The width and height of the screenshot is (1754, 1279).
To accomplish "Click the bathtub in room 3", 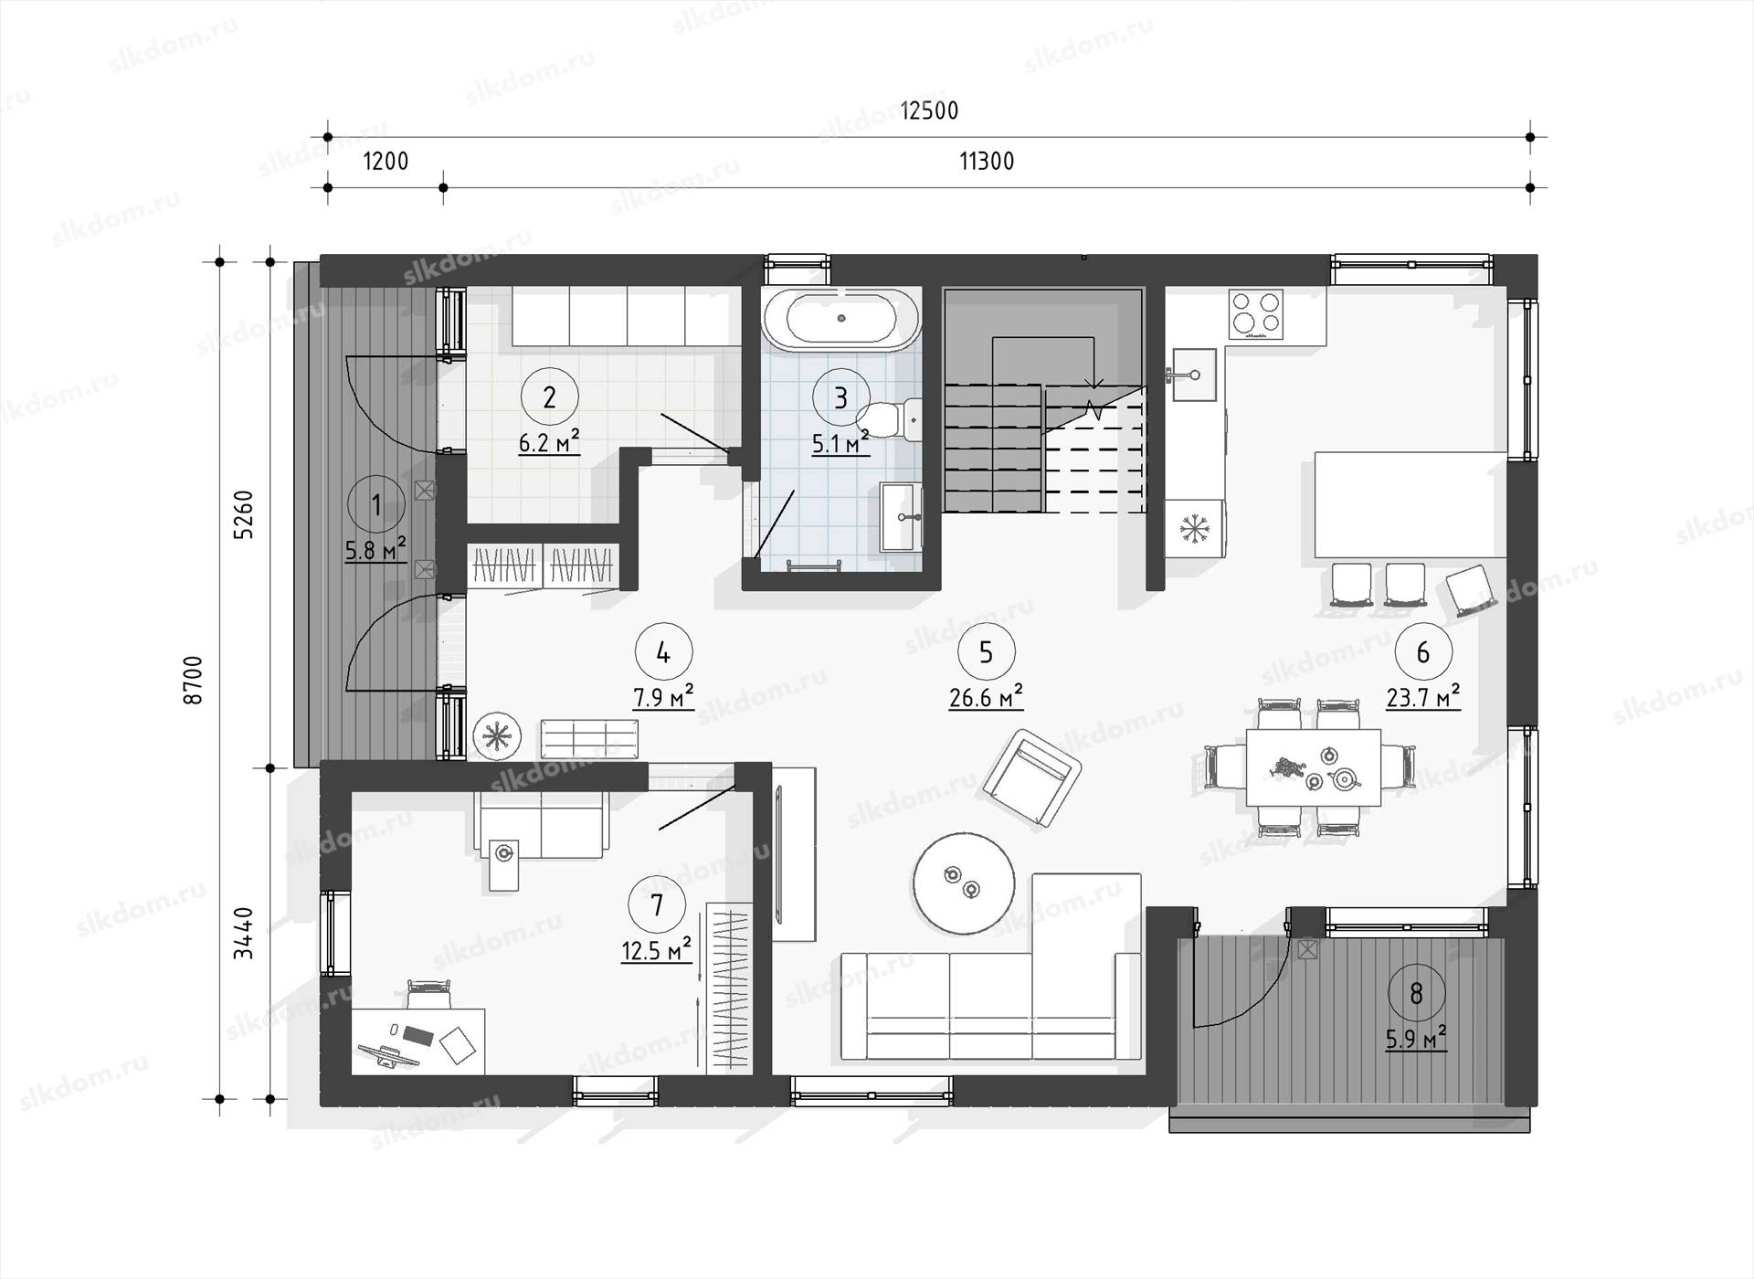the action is coord(841,319).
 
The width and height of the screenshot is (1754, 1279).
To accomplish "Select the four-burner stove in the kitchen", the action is coord(1255,313).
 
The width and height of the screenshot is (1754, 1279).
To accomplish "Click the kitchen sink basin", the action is coord(1194,375).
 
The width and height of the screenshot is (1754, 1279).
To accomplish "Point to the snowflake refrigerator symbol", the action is coord(1194,528).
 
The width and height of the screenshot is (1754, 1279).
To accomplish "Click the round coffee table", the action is coord(963,883).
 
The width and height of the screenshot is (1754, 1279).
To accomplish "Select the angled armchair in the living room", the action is coord(1032,778).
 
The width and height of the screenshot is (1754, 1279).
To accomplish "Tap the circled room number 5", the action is coord(986,652).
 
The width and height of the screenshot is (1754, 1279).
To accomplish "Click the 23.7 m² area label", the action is coord(1422,698).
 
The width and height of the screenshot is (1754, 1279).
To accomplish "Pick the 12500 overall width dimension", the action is coord(929,111).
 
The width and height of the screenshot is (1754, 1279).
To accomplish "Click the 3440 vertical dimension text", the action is coord(243,934).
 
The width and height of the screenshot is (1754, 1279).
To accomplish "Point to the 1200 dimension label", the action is coord(386,162).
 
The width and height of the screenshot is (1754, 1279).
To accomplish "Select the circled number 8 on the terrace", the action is coord(1416,993).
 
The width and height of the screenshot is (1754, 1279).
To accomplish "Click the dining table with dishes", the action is coord(1314,767).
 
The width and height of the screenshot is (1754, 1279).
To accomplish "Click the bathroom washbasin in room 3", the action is coord(902,517).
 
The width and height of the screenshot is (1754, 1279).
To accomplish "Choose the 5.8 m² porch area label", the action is coord(375,551).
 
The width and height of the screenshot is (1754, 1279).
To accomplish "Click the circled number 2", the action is coord(549,397).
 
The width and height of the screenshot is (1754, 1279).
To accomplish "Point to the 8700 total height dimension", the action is coord(193,680).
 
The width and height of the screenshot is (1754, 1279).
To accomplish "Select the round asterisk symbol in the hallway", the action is coord(497,735).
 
